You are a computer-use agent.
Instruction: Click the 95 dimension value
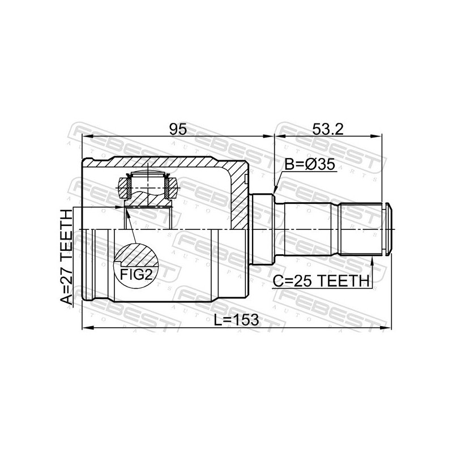(178, 129)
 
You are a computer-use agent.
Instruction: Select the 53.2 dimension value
(327, 129)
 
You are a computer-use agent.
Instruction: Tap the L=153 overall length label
(236, 320)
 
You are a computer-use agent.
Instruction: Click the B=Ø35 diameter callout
(310, 164)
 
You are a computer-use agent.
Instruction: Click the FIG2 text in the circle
(136, 275)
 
